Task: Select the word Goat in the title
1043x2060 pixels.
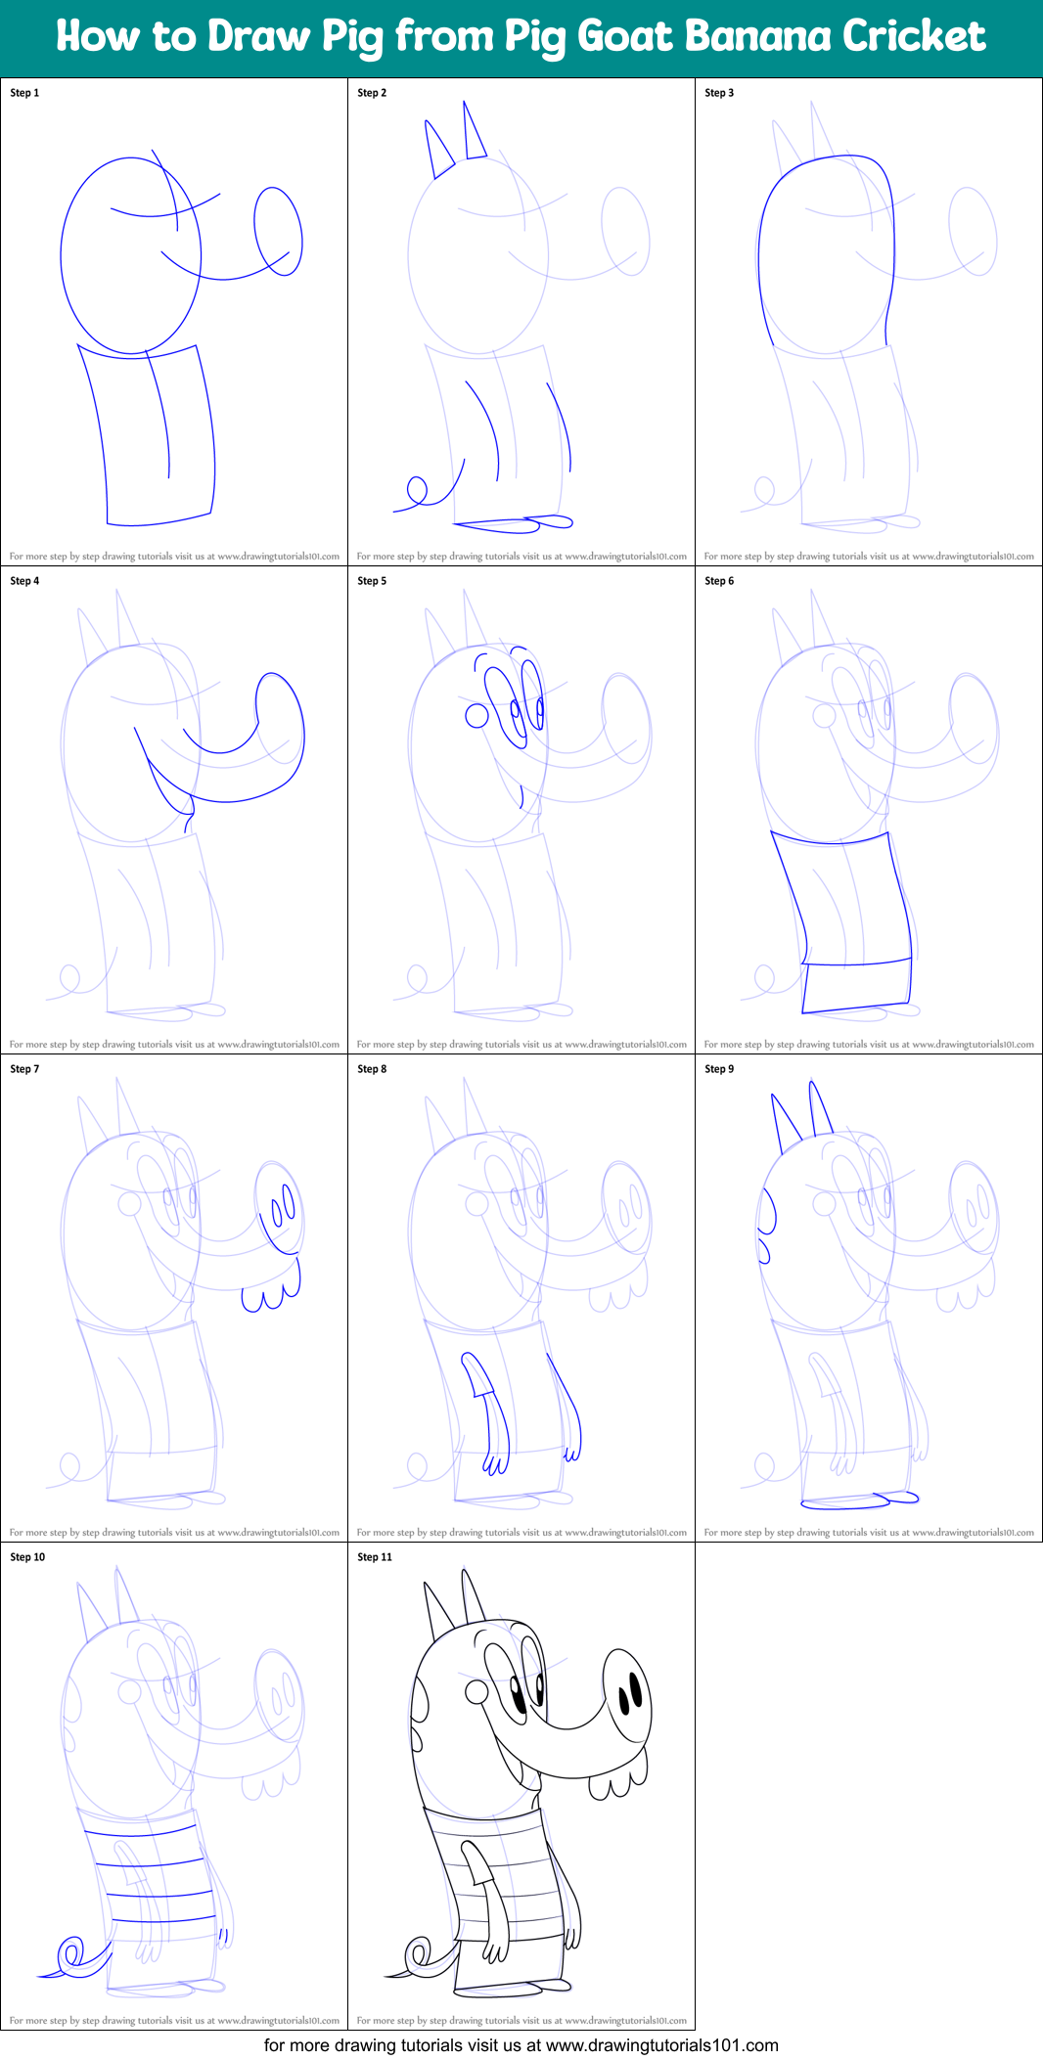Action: click(625, 36)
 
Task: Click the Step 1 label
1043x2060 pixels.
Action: click(24, 93)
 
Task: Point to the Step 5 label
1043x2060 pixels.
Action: click(372, 581)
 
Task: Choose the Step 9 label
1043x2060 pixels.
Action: click(719, 1069)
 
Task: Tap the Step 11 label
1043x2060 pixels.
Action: click(375, 1557)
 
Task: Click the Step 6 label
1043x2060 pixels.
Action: click(719, 581)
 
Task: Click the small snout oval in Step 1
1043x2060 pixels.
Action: click(278, 231)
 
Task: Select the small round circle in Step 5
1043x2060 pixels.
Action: click(476, 716)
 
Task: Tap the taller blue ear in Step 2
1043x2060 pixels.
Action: click(474, 132)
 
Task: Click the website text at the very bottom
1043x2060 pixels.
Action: click(521, 2045)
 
